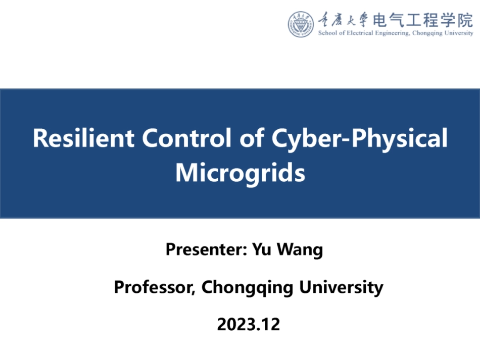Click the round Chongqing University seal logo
click(x=301, y=24)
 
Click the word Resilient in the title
click(x=83, y=138)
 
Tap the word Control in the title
click(x=186, y=138)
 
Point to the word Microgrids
click(x=241, y=174)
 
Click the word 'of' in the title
click(x=252, y=138)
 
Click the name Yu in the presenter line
click(x=262, y=249)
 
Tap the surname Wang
click(x=300, y=250)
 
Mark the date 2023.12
click(x=249, y=325)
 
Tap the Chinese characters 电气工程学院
click(x=423, y=21)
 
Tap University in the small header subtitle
click(x=459, y=33)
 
